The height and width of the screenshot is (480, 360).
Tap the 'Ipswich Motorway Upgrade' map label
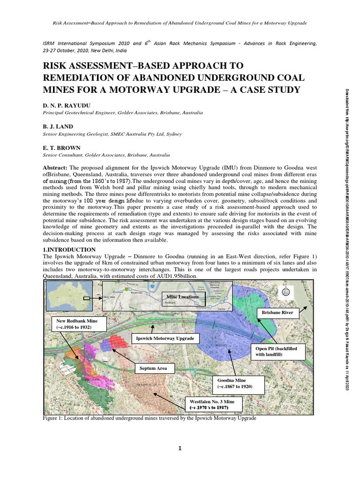click(161, 338)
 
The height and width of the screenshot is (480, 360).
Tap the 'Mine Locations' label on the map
click(182, 297)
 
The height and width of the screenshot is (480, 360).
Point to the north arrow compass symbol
click(286, 292)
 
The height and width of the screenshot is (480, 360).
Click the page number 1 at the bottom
click(180, 449)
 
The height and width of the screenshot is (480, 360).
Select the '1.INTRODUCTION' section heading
click(69, 249)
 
